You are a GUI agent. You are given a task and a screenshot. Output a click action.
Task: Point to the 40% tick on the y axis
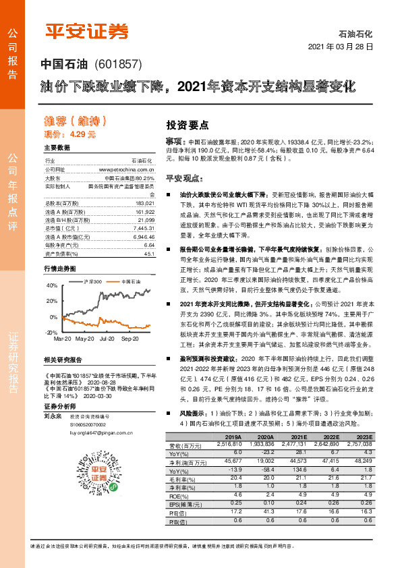coord(51,286)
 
